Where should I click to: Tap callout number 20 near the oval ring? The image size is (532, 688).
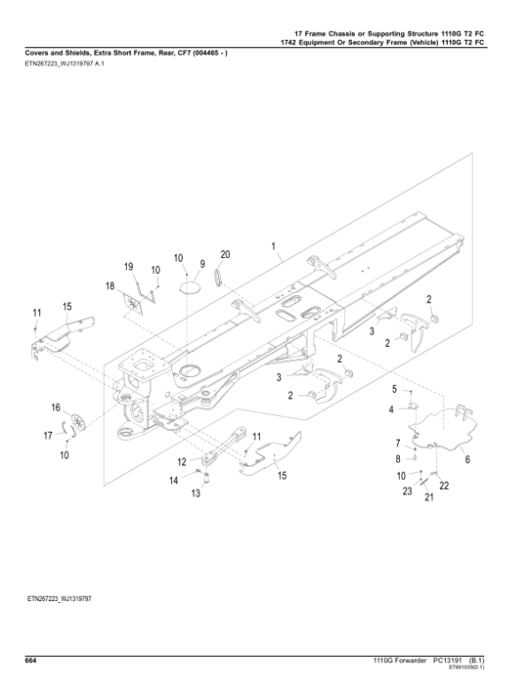pos(225,254)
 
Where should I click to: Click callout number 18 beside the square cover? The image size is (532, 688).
pos(111,285)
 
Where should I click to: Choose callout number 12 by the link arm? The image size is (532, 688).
pos(181,461)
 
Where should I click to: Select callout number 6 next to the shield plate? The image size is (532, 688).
pos(467,460)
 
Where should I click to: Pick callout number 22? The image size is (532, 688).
pos(444,486)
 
